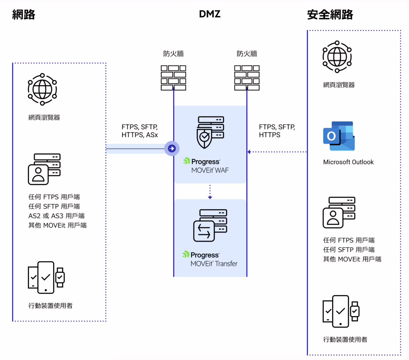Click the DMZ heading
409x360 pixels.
[x=210, y=14]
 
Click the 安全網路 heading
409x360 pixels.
[x=330, y=14]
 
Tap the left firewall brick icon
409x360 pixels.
[x=174, y=78]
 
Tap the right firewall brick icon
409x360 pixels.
[x=247, y=78]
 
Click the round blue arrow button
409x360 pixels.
[x=172, y=148]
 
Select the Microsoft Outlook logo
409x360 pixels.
[x=339, y=136]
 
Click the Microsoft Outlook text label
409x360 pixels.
[x=348, y=162]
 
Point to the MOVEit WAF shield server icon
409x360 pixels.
[x=210, y=132]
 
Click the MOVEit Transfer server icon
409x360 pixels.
[x=210, y=225]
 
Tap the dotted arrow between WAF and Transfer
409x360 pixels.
[x=210, y=192]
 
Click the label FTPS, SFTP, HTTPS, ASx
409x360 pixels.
[x=139, y=131]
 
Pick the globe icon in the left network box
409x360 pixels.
[x=42, y=89]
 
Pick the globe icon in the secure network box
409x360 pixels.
[x=337, y=57]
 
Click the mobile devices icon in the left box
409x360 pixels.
[x=46, y=277]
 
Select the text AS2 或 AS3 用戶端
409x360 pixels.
[x=56, y=216]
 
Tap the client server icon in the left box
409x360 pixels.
[x=44, y=169]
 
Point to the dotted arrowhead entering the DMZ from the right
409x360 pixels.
[x=249, y=152]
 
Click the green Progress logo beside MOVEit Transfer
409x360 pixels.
[x=186, y=254]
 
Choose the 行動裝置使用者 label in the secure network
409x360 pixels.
[x=345, y=339]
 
